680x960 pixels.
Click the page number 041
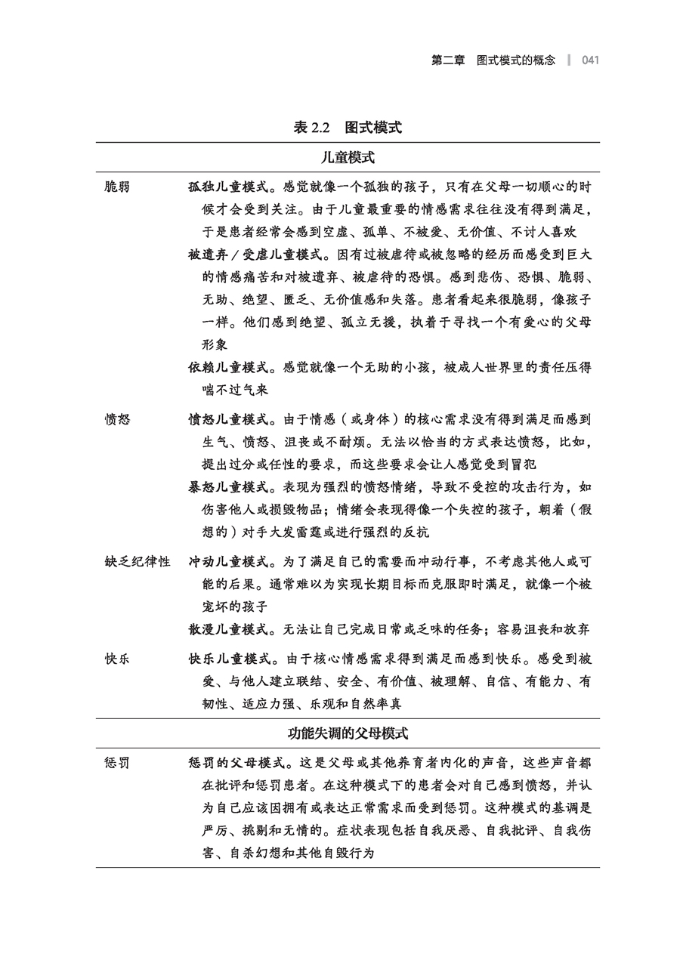(x=590, y=60)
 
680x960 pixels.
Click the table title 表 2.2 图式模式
(x=348, y=128)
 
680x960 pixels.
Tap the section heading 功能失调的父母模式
(x=348, y=733)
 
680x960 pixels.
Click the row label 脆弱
(x=117, y=187)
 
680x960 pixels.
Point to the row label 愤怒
(x=117, y=419)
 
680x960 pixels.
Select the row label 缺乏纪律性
(x=138, y=562)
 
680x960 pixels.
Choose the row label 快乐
(x=117, y=659)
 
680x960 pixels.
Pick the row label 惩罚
(x=117, y=763)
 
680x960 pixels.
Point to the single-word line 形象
(x=215, y=344)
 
